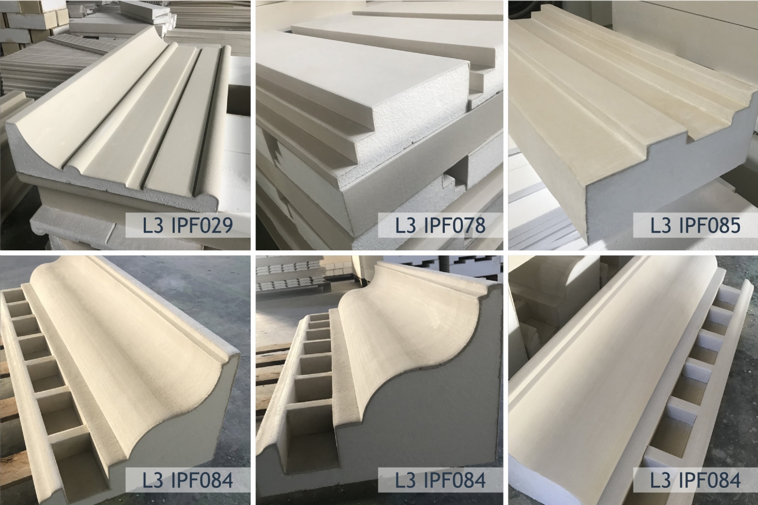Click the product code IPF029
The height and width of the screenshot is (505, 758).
point(202,225)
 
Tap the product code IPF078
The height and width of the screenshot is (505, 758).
point(455,225)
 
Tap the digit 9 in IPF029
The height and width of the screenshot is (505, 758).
point(227,225)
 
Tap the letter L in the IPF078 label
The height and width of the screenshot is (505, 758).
point(400,225)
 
